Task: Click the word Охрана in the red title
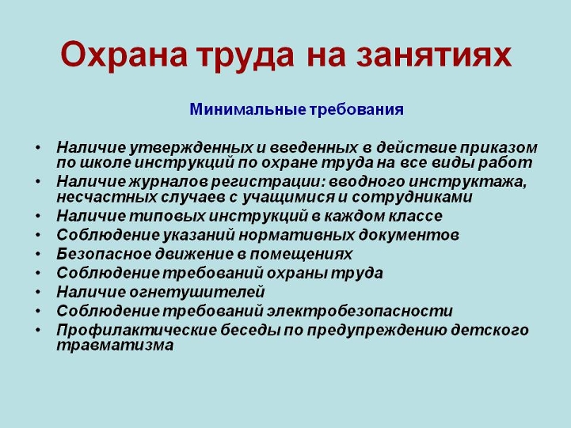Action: coord(124,55)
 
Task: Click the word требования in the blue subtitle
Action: coord(356,109)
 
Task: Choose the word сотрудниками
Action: coord(412,197)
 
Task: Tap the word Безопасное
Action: coord(104,254)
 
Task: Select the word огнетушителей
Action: coord(196,292)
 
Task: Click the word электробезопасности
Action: coord(360,311)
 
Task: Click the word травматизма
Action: coord(115,346)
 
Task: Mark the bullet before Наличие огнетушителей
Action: coord(38,292)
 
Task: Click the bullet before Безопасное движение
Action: coord(38,254)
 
